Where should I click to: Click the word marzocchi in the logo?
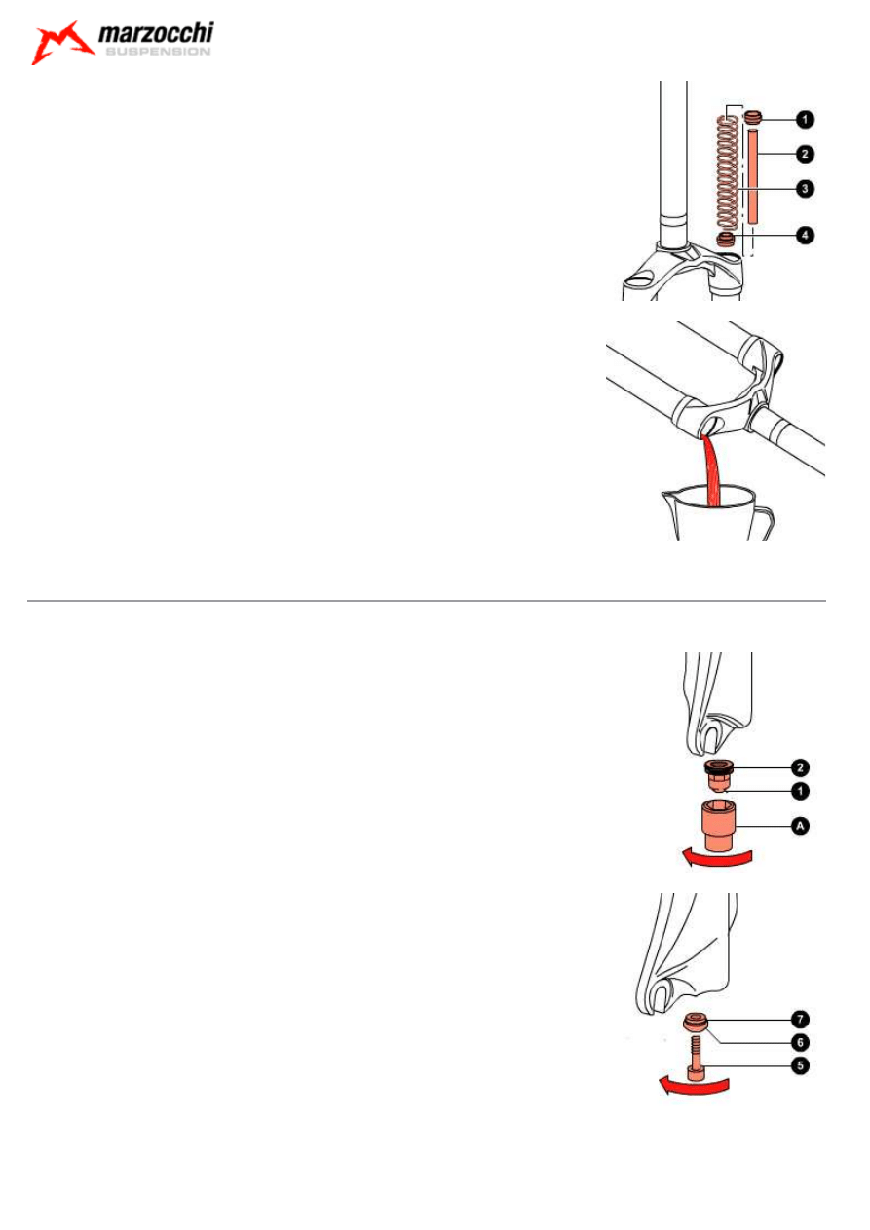156,33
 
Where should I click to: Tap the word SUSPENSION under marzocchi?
158,52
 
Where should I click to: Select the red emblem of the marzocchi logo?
62,43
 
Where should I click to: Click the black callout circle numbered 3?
805,189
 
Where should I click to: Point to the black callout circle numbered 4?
805,236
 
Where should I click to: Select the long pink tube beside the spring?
752,175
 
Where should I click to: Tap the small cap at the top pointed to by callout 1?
753,117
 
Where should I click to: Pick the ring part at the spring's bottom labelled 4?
726,239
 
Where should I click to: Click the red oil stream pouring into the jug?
712,470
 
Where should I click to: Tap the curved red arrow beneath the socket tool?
716,859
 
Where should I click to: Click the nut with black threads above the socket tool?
717,774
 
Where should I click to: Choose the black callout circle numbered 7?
800,1019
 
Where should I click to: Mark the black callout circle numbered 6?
800,1042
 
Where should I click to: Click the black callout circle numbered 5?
800,1065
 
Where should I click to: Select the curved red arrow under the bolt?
694,1087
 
